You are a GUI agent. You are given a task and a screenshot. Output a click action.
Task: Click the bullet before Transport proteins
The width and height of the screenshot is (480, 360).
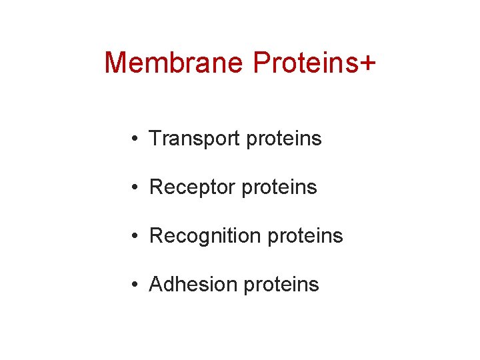click(135, 139)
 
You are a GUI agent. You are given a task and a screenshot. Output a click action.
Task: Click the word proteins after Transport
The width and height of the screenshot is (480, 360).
click(284, 139)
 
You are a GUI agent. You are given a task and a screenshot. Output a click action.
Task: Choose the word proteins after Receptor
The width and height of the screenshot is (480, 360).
click(279, 187)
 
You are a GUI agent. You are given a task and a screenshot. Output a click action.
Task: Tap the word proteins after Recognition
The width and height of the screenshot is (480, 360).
click(305, 236)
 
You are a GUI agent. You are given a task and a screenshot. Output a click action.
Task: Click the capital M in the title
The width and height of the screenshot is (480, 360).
click(117, 63)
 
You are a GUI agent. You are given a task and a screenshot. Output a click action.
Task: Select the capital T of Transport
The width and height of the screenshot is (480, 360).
click(155, 138)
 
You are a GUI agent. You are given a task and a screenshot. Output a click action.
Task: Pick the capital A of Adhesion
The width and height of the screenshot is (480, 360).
click(157, 285)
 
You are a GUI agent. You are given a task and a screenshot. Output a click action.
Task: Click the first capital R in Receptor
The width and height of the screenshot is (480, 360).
click(157, 187)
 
